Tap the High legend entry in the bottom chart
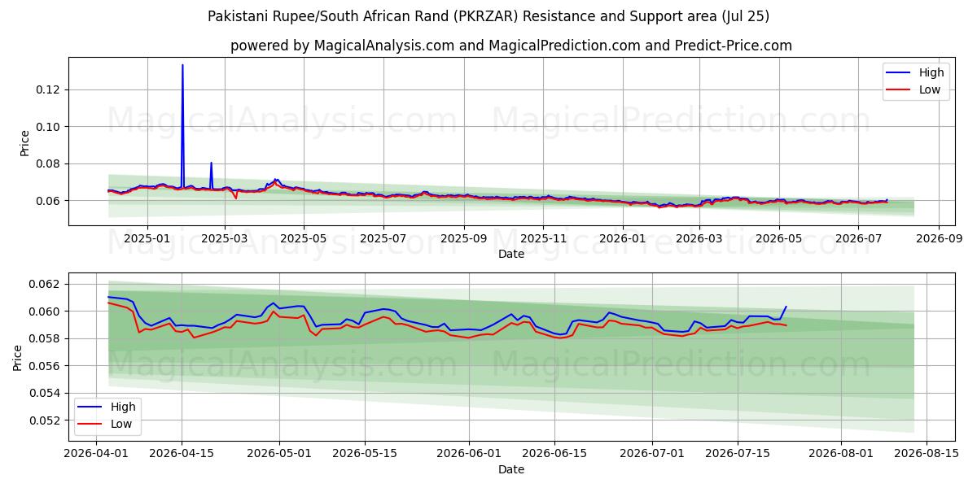(x=107, y=407)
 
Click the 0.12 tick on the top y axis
(x=47, y=89)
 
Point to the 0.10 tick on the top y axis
(x=47, y=127)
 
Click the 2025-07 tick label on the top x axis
(x=383, y=239)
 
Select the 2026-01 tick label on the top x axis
(x=623, y=239)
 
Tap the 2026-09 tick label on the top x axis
(x=939, y=239)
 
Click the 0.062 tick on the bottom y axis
(x=44, y=284)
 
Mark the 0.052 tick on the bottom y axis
(x=44, y=420)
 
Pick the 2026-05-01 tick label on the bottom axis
(x=279, y=454)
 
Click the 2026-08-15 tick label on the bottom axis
(x=927, y=454)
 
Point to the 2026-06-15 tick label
(x=554, y=454)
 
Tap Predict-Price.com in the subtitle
(x=734, y=46)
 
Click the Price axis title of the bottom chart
(x=17, y=358)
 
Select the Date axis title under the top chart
(x=511, y=254)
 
